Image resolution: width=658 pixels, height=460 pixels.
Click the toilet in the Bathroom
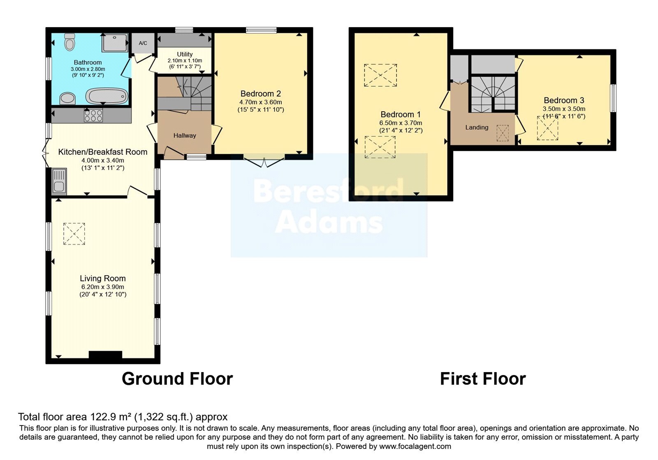tap(70, 41)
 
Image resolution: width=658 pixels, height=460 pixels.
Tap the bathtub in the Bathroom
tap(107, 96)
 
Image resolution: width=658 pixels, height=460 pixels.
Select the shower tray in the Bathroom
tap(115, 43)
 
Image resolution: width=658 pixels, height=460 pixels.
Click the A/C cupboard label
tap(143, 43)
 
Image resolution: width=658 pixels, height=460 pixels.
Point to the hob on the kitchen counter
tap(93, 115)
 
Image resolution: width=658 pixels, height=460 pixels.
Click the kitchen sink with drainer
tap(59, 181)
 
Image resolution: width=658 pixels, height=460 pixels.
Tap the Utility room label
tap(185, 54)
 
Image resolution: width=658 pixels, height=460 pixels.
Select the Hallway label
tap(185, 136)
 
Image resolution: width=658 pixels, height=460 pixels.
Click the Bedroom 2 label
tap(261, 94)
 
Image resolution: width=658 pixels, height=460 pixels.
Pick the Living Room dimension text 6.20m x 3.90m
tap(103, 287)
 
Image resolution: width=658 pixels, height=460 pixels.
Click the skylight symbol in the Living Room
tap(74, 234)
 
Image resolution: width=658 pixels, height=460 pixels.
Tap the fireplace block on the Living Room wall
tap(105, 354)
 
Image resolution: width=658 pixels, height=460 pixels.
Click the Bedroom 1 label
tap(401, 115)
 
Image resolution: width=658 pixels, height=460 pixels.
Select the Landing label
tap(477, 127)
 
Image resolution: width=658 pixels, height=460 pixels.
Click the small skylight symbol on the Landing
tap(503, 133)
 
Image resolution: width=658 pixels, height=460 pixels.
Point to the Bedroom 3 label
tap(564, 100)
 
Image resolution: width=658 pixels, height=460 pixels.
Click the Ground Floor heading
tap(177, 379)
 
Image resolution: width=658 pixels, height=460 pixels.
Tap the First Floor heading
tap(483, 379)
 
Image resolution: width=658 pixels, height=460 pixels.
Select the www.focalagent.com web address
tap(415, 446)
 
